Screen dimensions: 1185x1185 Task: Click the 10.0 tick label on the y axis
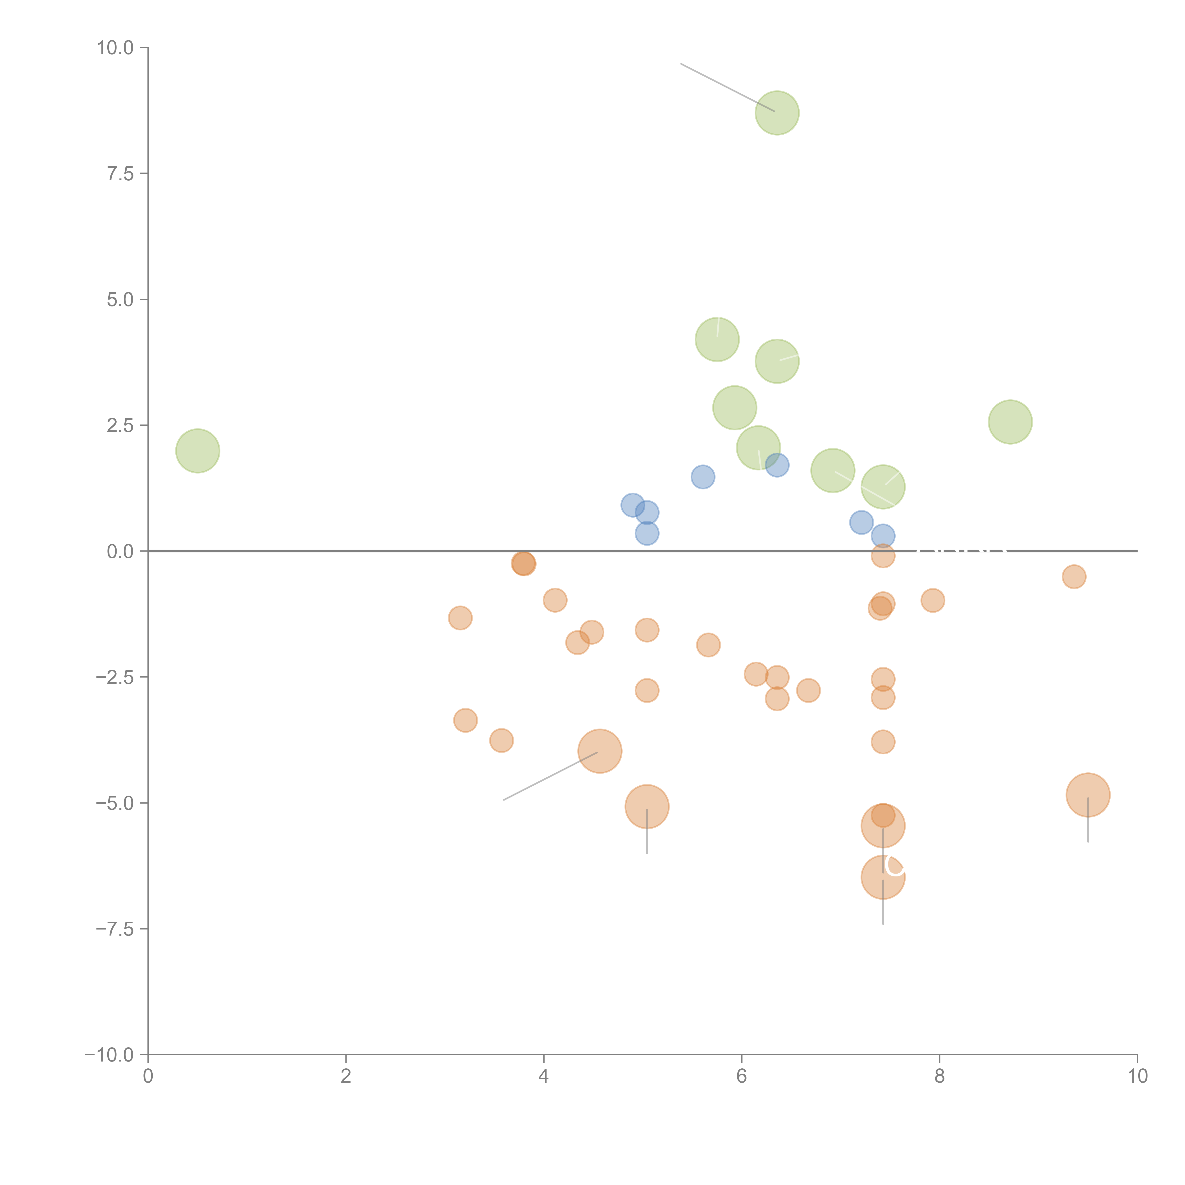115,48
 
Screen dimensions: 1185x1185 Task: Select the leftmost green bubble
197,451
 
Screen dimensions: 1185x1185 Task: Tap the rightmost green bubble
1010,422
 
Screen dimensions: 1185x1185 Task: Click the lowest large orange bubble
883,877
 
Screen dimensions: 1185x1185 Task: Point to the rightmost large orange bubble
1088,795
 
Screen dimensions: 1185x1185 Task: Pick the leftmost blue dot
632,506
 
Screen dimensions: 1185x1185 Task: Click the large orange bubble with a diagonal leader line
600,751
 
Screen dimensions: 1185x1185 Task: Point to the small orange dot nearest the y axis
460,618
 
